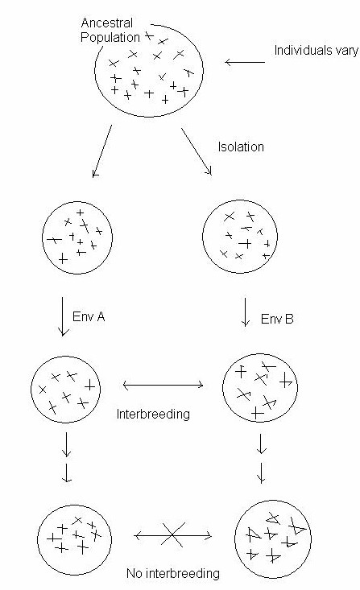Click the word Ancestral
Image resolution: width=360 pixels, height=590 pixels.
tap(107, 23)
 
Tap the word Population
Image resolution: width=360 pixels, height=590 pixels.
tap(110, 37)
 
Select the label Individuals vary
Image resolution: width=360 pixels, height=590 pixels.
tap(316, 51)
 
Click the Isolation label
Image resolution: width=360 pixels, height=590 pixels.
tap(241, 146)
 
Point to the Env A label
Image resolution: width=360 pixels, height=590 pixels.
tap(89, 317)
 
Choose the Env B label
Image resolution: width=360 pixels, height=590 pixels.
tap(277, 319)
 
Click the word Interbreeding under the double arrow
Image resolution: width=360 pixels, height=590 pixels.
tap(153, 414)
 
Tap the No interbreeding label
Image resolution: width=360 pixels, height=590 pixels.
tap(173, 573)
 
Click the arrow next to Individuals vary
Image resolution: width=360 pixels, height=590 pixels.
tap(245, 62)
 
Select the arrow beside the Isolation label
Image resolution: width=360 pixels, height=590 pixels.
tap(197, 151)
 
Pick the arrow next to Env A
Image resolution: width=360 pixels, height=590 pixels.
tap(63, 316)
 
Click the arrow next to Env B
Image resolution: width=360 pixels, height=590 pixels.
tap(246, 312)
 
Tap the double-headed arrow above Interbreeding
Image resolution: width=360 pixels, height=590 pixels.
tap(163, 385)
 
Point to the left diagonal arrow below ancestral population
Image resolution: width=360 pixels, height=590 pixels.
tap(101, 151)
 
